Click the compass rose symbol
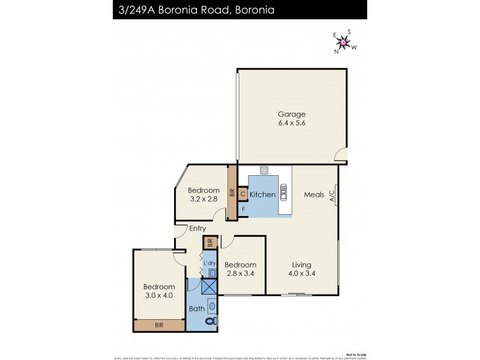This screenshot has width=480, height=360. coord(344,42)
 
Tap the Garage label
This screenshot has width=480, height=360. coord(291,114)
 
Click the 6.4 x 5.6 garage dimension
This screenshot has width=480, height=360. coord(291,123)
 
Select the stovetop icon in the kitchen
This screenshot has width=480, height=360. coord(263,170)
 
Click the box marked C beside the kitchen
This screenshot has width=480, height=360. coord(243,194)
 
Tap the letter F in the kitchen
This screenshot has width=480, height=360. coord(243,209)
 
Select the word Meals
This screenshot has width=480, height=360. coord(314,194)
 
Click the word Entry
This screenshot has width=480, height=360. coord(197,229)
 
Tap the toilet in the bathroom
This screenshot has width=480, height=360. coord(209,322)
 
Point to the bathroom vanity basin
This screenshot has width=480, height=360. coord(211,305)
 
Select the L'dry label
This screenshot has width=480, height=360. coord(209,263)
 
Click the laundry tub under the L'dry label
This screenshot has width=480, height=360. coord(212,273)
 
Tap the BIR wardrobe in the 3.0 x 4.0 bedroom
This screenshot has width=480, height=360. coord(159,325)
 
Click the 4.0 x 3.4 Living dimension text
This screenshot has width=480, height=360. coord(302,274)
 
